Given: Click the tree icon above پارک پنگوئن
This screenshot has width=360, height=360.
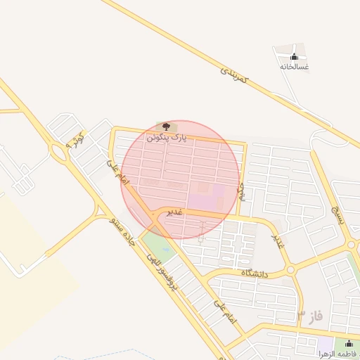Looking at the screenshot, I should pos(167,127).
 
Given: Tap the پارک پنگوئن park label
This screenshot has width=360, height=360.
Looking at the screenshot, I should pos(167,139).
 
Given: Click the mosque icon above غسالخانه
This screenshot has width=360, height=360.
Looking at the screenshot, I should pos(294,56).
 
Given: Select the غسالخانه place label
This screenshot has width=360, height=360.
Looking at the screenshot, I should pos(295,67).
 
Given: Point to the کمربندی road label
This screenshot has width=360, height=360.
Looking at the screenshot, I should pos(235,78).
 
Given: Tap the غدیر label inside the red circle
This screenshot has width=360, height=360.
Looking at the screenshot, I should pos(174,212).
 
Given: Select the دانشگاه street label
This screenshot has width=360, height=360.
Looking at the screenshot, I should pos(256,272).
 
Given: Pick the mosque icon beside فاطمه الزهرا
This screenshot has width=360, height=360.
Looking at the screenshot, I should pos(349,344).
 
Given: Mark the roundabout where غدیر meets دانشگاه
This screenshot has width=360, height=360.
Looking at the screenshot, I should pos(289,270).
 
